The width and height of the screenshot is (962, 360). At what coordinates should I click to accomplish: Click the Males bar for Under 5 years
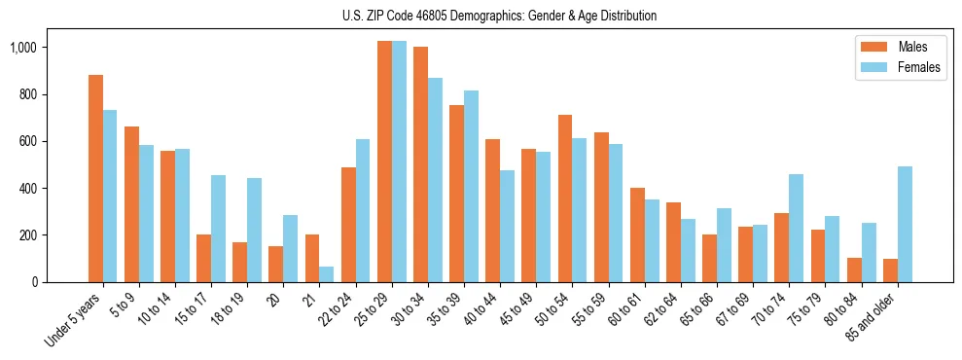pos(95,178)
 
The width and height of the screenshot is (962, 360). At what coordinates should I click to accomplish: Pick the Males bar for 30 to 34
pos(420,164)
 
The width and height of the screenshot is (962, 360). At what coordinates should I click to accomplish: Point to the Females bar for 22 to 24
pos(362,210)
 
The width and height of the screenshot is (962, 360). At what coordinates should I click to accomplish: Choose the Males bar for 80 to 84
pos(854,270)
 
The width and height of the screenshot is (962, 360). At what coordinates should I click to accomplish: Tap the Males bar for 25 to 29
pos(384,162)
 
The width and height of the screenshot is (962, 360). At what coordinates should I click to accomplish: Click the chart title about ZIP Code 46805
pos(499,16)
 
